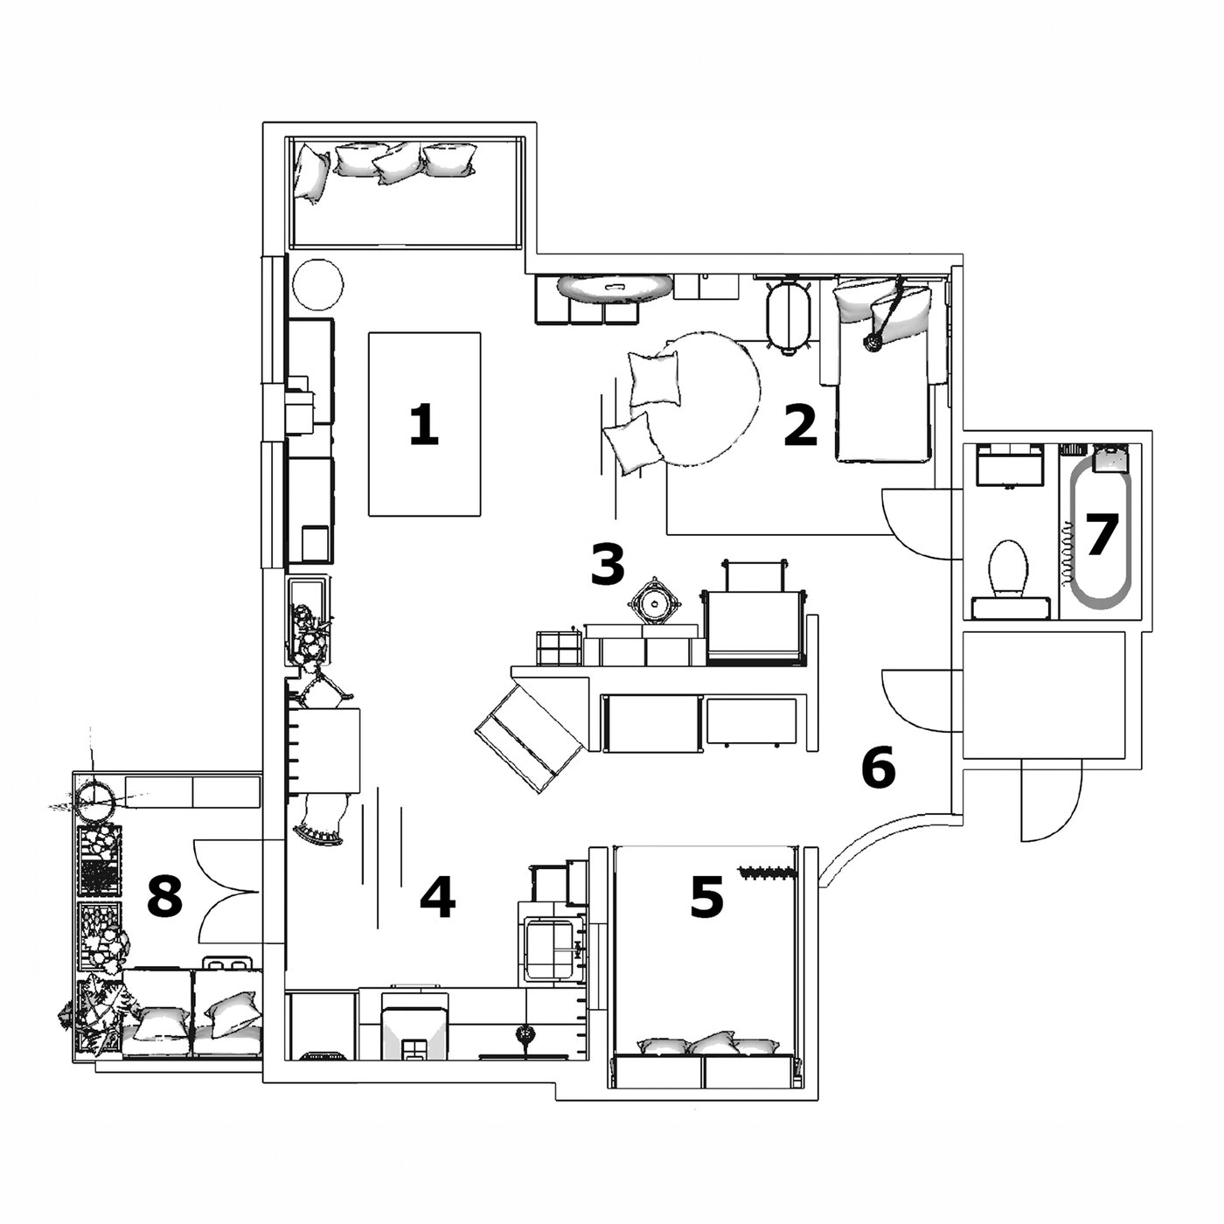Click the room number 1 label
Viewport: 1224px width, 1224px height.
pos(424,426)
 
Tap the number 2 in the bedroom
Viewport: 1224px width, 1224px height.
pos(800,426)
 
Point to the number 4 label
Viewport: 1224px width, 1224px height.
pos(437,899)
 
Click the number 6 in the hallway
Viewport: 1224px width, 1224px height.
pos(878,768)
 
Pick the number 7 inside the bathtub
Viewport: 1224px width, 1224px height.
pos(1101,534)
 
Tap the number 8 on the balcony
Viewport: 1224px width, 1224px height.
pos(164,897)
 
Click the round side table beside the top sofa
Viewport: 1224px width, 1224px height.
pos(316,285)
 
